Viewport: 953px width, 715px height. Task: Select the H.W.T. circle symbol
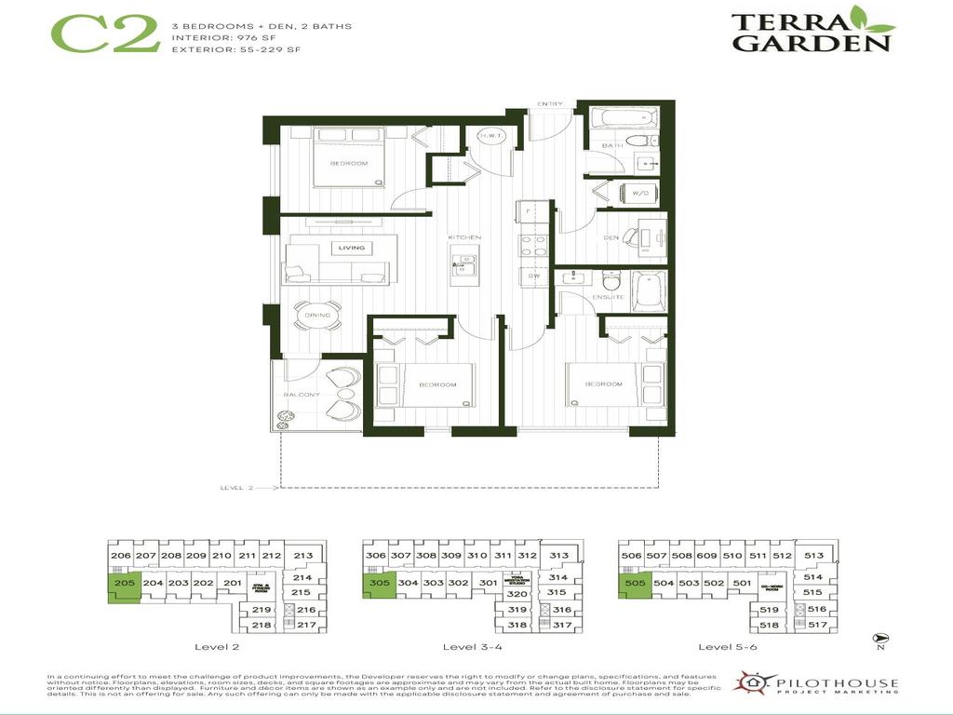click(490, 136)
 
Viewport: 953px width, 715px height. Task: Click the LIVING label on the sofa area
click(352, 248)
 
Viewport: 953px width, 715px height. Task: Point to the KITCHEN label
click(464, 237)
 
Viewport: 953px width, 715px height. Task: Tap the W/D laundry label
click(639, 194)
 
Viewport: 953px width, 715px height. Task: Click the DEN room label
click(611, 236)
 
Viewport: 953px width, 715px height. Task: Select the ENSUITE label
click(611, 297)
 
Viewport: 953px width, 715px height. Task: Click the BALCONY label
click(302, 395)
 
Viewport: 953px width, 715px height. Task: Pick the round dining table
click(317, 315)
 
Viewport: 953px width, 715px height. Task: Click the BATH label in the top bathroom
click(612, 145)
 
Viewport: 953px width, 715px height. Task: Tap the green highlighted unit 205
click(124, 587)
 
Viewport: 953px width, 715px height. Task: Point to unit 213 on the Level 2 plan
click(302, 556)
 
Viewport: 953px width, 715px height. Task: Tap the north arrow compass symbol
click(879, 640)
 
